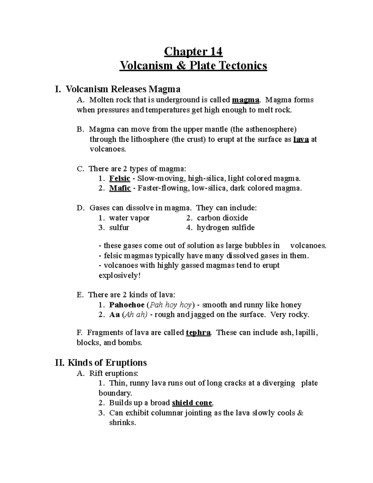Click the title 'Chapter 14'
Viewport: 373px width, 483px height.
click(x=193, y=51)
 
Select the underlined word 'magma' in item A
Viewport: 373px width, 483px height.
click(x=246, y=100)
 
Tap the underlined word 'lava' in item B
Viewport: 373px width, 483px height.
click(x=301, y=139)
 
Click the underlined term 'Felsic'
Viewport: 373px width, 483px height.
click(x=120, y=179)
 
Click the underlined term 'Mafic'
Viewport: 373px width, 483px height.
click(x=120, y=188)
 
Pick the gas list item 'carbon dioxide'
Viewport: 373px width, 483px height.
click(x=222, y=218)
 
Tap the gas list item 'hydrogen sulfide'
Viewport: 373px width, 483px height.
click(x=226, y=228)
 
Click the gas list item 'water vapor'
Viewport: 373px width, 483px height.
click(x=129, y=218)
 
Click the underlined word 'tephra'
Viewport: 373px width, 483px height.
click(x=198, y=333)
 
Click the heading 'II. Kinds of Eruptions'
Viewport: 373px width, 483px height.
click(x=101, y=363)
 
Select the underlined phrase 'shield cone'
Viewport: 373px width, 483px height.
click(x=192, y=403)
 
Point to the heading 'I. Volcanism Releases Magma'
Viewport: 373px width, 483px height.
click(x=117, y=90)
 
